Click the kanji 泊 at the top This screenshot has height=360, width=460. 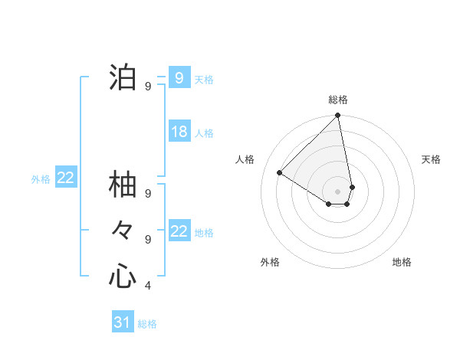[x=123, y=78]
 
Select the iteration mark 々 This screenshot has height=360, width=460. [x=123, y=230]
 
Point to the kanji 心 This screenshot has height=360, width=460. [x=123, y=276]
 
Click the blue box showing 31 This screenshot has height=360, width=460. [x=123, y=322]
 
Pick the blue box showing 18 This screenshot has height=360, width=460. [x=179, y=132]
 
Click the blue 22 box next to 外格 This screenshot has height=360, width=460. [x=65, y=178]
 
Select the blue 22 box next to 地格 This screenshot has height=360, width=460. [x=179, y=231]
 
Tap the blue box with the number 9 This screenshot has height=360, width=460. [x=179, y=78]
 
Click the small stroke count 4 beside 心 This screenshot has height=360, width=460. [x=148, y=286]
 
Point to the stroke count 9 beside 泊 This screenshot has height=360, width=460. [x=148, y=87]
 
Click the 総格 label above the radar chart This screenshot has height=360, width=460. [x=338, y=100]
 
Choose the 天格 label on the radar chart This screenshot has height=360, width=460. [x=431, y=159]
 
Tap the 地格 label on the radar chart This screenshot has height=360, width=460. [x=402, y=262]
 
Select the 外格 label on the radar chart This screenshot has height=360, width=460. [x=270, y=262]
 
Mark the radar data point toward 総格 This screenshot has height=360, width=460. [x=338, y=116]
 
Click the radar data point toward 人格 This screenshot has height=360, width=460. [x=280, y=172]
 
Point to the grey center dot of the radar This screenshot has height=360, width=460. [x=338, y=191]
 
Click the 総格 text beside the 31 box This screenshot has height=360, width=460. [x=147, y=324]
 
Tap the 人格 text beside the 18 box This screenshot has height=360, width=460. [x=204, y=133]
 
